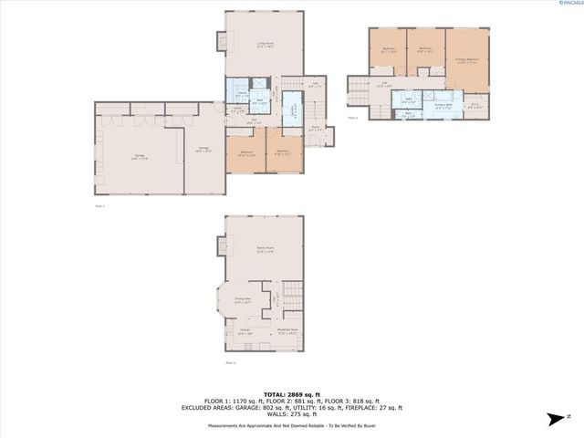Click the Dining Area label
click(242, 300)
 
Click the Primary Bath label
click(444, 106)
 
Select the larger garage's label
click(139, 158)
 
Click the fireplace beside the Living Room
click(220, 40)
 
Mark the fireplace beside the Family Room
click(220, 245)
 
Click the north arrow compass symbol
click(553, 419)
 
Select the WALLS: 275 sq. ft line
click(292, 414)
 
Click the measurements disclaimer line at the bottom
click(292, 425)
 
